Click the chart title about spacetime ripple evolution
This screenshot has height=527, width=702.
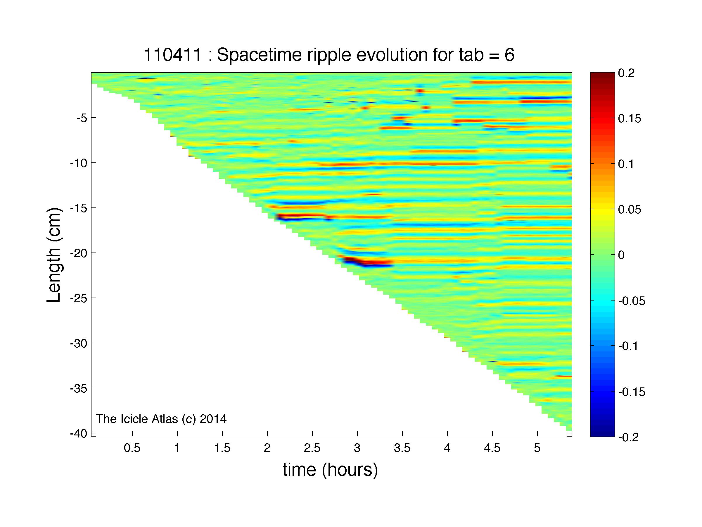tap(329, 55)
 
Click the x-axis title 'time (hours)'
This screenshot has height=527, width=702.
tap(330, 470)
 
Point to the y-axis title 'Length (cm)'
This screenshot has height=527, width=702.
tap(54, 255)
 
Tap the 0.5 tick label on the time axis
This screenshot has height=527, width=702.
tap(132, 448)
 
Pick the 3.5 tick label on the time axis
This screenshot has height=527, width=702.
tap(402, 448)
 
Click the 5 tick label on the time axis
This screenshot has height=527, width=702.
tap(537, 448)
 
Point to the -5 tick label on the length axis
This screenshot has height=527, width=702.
tap(82, 118)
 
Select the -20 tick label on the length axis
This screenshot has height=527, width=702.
tap(78, 253)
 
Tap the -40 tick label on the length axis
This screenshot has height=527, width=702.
tap(78, 433)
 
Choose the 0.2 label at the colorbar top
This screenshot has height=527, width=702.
tap(626, 73)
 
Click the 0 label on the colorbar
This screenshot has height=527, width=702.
tap(621, 255)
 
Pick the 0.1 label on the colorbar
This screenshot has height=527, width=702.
tap(626, 164)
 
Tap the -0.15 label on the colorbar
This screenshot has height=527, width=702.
tap(632, 392)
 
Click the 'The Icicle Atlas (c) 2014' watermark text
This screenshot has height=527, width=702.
tap(161, 419)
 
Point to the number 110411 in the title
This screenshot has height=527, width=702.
tap(173, 55)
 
